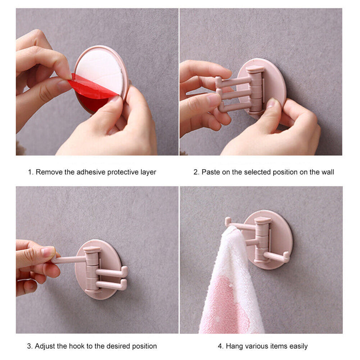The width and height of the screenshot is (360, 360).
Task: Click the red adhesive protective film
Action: pyautogui.click(x=92, y=88)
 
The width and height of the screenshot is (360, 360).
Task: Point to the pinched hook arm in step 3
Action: pyautogui.click(x=69, y=260)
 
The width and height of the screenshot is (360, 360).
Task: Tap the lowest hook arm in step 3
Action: pyautogui.click(x=112, y=285)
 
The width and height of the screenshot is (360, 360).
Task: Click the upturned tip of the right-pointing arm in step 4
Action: pyautogui.click(x=287, y=254)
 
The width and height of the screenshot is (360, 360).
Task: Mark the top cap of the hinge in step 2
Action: pyautogui.click(x=255, y=69)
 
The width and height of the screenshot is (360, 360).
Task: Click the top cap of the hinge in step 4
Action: pyautogui.click(x=263, y=220)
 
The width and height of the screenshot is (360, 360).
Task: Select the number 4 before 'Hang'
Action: pyautogui.click(x=220, y=346)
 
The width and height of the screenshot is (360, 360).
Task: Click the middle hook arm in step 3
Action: pyautogui.click(x=112, y=272)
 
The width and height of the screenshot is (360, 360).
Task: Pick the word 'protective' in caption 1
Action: pyautogui.click(x=123, y=172)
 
